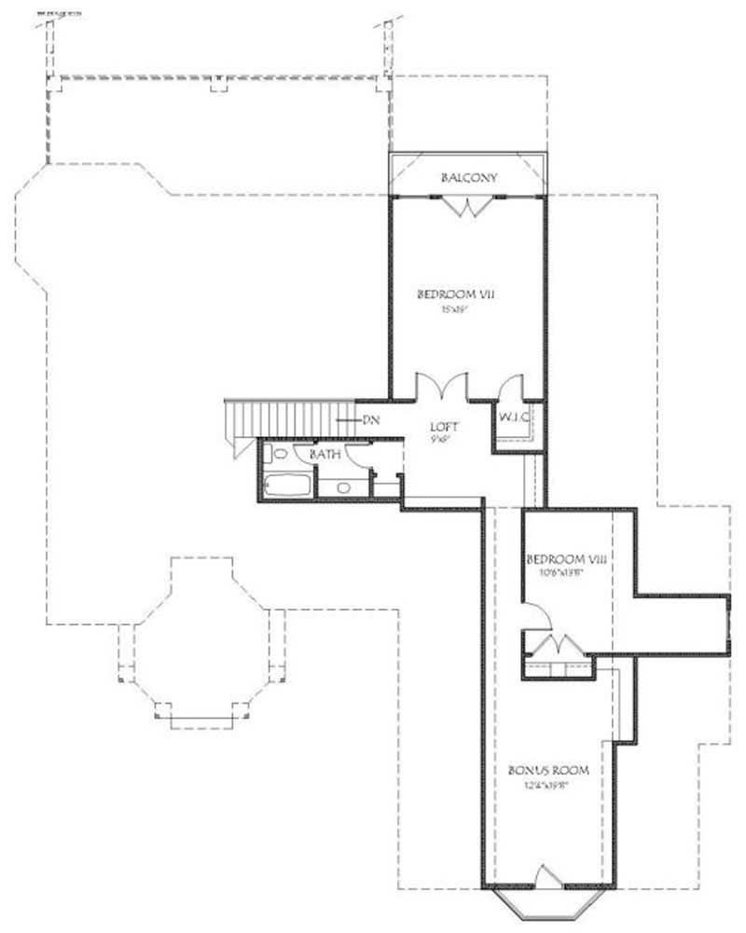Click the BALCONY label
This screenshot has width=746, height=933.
click(468, 177)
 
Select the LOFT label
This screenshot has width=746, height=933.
click(442, 426)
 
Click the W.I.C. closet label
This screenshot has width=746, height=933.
click(515, 418)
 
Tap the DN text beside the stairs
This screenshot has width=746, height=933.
click(371, 420)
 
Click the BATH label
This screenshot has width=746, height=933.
click(325, 453)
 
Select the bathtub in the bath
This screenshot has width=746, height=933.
click(289, 484)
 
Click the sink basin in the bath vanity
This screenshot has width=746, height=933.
click(342, 487)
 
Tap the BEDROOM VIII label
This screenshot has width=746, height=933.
click(567, 559)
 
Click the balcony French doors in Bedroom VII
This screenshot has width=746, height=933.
click(469, 207)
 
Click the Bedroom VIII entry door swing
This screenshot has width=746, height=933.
click(534, 615)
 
